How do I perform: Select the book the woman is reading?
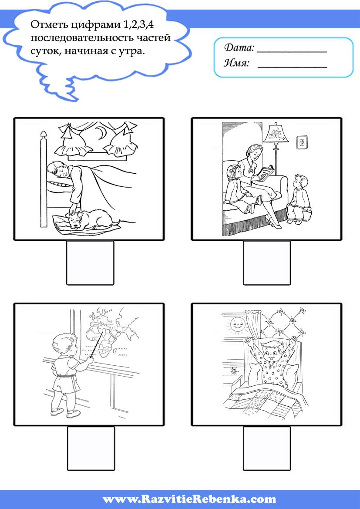(x=266, y=173)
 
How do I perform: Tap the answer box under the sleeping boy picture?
(x=90, y=263)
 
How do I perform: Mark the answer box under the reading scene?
(x=267, y=263)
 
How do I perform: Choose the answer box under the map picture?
(x=91, y=448)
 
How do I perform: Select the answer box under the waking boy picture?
(x=267, y=448)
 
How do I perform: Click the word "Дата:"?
(x=239, y=48)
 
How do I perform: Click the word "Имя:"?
(x=236, y=63)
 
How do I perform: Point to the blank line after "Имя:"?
(x=292, y=67)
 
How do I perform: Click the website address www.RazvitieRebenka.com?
(x=189, y=499)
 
